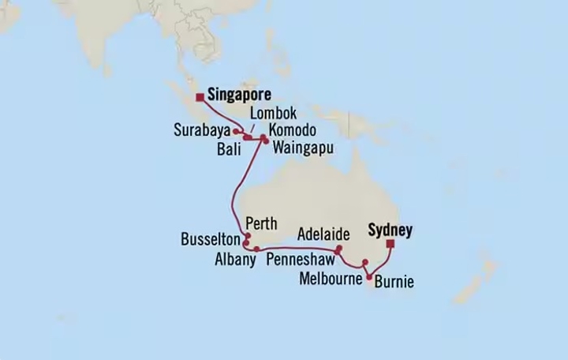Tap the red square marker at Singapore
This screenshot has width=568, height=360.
tap(198, 97)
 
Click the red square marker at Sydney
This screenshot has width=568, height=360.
tap(390, 245)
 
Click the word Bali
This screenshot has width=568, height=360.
tap(227, 146)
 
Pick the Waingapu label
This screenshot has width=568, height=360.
tap(303, 146)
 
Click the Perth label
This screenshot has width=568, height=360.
tap(261, 223)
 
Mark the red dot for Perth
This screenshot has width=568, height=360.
tap(247, 235)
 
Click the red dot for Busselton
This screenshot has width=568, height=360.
tap(247, 243)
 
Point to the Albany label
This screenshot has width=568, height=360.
tap(234, 259)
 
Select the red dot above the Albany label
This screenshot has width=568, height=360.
tap(257, 249)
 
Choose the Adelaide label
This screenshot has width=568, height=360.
tap(324, 235)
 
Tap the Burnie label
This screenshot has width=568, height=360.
tap(393, 281)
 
